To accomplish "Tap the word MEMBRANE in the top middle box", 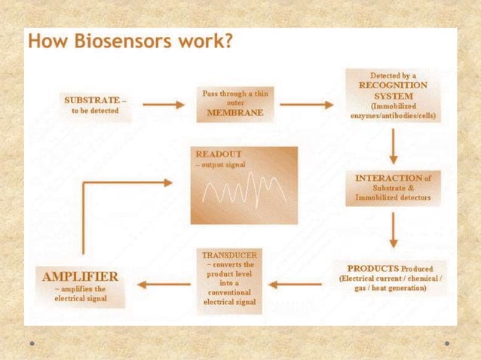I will point(235,113).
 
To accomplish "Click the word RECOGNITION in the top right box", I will point(392,86).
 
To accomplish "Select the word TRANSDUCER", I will point(230,255).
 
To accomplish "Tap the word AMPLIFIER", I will point(80,276).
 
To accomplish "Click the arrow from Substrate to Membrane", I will point(164,105).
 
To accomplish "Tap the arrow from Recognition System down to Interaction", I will point(393,148).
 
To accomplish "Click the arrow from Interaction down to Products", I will point(393,230).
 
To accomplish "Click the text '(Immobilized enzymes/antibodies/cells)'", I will point(393,111).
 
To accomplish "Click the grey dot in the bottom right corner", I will point(447,343).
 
